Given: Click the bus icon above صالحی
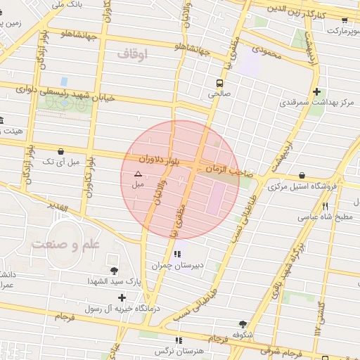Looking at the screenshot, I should click(x=221, y=82).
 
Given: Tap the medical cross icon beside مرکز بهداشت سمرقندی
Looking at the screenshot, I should click(x=317, y=91).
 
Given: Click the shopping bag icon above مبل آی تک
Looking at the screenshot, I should click(x=61, y=150).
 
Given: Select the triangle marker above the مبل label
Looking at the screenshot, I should click(x=138, y=173).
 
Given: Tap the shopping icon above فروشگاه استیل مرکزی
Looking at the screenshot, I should click(x=302, y=175).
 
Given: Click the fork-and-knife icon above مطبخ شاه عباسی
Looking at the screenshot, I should click(x=325, y=207).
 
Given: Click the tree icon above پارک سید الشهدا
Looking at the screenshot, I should click(x=114, y=270).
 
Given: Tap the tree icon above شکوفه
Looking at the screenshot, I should click(x=243, y=324).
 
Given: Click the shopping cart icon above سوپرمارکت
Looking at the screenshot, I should click(x=344, y=20).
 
